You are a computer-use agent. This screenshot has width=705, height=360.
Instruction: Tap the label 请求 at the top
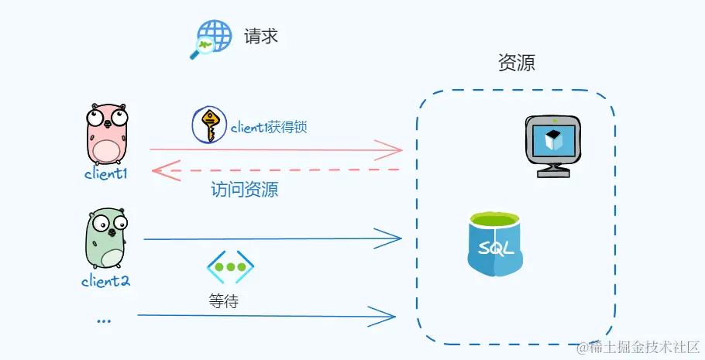(x=260, y=36)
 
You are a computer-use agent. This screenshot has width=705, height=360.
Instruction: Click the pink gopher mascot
(x=105, y=132)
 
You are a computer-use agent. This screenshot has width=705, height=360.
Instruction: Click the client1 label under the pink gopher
(x=105, y=173)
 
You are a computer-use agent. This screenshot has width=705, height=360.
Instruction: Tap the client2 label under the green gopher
(x=105, y=280)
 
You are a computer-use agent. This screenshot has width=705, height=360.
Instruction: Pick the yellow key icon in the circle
(x=208, y=125)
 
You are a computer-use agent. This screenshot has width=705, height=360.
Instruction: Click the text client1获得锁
(x=268, y=127)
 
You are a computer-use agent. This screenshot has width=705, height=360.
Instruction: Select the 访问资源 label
(x=244, y=189)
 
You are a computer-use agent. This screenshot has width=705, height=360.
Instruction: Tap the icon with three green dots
(x=230, y=267)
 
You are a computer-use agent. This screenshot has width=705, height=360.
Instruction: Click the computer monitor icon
(x=552, y=145)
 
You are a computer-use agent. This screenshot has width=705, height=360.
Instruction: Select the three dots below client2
(x=104, y=320)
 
